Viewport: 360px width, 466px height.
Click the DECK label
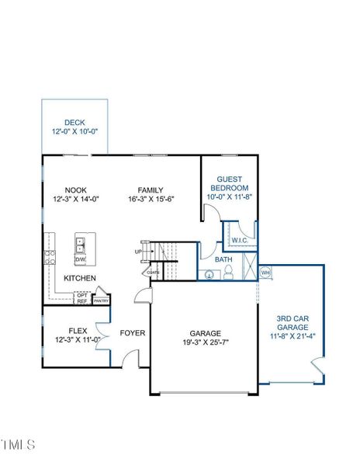pos(74,122)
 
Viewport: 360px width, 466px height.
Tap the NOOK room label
pos(75,189)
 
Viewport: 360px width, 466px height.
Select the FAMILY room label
pos(151,190)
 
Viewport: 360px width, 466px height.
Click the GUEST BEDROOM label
pos(231,183)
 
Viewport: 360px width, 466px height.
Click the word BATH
pos(223,259)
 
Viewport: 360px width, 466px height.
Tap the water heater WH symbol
pos(265,273)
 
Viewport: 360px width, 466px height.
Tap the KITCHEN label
pos(79,278)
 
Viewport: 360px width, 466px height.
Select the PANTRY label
pos(102,300)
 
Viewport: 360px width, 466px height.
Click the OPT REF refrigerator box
pos(82,298)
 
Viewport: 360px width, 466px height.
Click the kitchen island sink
pos(81,245)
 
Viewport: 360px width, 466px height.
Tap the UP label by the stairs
pos(138,252)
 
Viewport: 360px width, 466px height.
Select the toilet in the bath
pos(229,273)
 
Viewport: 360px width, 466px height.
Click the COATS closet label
pos(153,273)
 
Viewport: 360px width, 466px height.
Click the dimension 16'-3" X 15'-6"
pos(151,199)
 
